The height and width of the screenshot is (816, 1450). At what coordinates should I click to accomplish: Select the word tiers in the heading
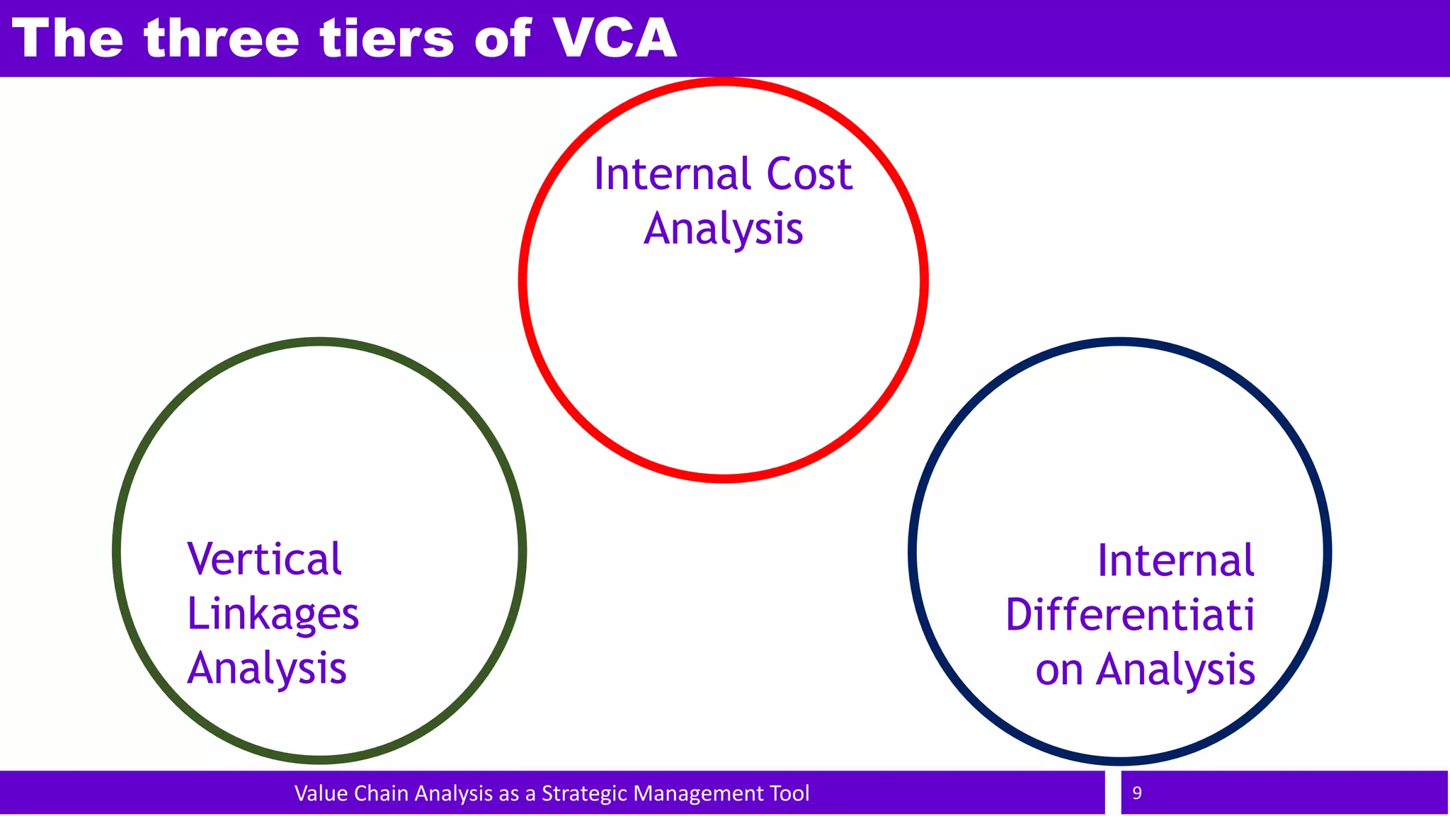click(387, 38)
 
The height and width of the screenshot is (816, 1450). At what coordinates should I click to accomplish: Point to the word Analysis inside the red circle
click(724, 229)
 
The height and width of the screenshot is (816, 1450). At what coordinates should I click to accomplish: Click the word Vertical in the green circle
click(265, 560)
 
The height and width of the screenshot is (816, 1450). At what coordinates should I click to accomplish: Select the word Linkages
click(273, 614)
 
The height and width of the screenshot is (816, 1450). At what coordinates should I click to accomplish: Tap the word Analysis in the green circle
click(267, 669)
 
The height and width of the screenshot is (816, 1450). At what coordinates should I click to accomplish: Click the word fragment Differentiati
click(1130, 615)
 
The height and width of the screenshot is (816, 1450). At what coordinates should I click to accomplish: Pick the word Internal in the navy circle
click(1176, 561)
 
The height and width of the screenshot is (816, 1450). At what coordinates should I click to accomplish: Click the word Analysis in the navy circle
click(1176, 670)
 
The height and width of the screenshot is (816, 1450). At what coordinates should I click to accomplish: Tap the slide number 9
click(1137, 793)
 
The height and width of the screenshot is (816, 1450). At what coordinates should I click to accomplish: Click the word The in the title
click(68, 38)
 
